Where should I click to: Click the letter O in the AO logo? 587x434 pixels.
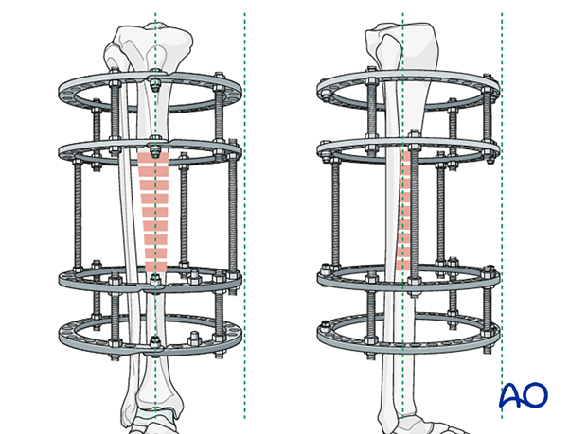(535, 395)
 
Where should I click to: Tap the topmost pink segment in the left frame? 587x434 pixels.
(153, 158)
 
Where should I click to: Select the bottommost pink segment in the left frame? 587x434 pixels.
(155, 267)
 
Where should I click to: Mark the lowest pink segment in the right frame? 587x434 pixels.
(402, 266)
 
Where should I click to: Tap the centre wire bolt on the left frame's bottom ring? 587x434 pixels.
(154, 342)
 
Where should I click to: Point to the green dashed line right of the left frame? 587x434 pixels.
(245, 216)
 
